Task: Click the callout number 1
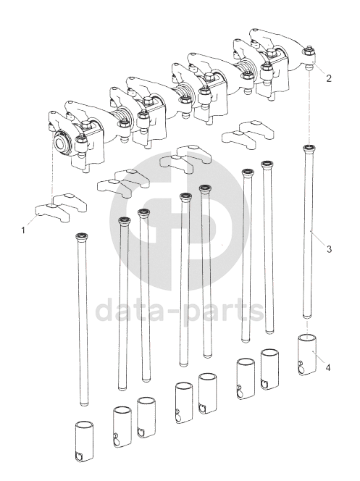click(23, 230)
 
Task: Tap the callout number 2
click(329, 78)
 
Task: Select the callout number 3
click(329, 249)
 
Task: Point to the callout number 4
click(328, 367)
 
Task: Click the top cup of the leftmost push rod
click(82, 236)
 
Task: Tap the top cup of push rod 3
click(309, 149)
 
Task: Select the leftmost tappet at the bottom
click(84, 441)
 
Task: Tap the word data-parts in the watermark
click(179, 310)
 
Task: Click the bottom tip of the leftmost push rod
click(84, 404)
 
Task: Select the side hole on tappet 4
click(301, 364)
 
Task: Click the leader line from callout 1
click(31, 221)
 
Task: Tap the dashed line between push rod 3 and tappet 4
click(307, 327)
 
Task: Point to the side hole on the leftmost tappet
click(78, 456)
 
